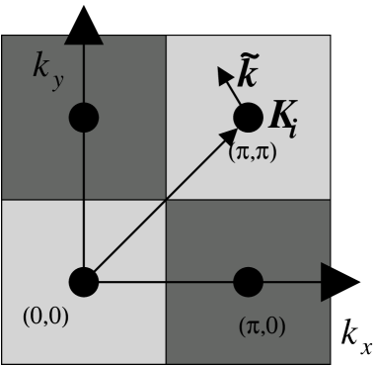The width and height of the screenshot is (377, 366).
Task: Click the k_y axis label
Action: [x=42, y=75]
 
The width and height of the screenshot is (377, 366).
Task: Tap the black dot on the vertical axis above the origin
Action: [x=84, y=119]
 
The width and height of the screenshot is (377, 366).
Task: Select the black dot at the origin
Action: [x=84, y=282]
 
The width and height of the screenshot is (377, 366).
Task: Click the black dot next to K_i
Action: [x=247, y=119]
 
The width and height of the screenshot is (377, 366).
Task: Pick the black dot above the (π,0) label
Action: [x=248, y=283]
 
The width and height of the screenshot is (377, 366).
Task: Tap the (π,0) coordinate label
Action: [x=259, y=324]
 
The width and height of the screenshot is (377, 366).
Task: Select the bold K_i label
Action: [x=288, y=117]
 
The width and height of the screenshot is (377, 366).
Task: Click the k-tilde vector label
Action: [x=254, y=74]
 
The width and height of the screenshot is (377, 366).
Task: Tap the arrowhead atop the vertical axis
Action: [x=84, y=39]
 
